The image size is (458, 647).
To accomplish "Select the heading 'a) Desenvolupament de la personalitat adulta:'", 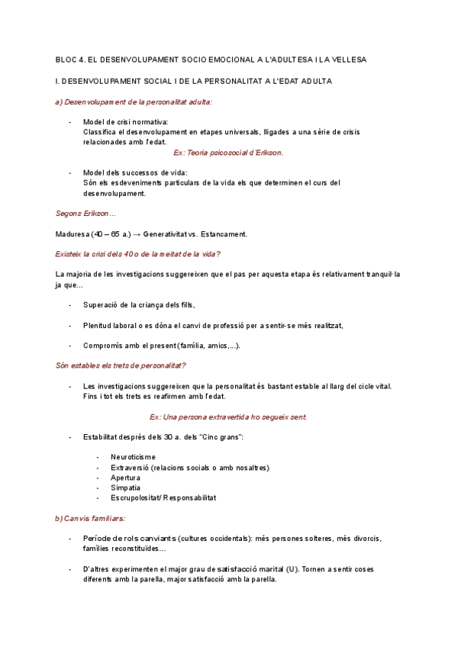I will (134, 101).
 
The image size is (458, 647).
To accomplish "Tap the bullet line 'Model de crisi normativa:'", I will (126, 122).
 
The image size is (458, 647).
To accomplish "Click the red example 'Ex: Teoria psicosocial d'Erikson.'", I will (228, 153).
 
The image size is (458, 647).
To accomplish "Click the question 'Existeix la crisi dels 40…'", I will (143, 253).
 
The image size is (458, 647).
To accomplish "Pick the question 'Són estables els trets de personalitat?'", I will (121, 365).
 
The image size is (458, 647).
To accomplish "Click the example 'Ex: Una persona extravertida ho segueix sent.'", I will (228, 417).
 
